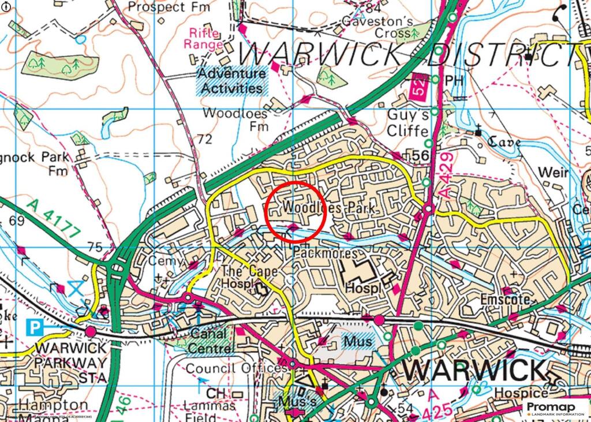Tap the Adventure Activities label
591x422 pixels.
pos(231,81)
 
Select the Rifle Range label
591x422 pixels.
pos(203,39)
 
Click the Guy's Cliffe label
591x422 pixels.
pos(407,122)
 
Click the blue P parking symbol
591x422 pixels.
pos(36,328)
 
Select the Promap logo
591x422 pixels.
pos(556,409)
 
